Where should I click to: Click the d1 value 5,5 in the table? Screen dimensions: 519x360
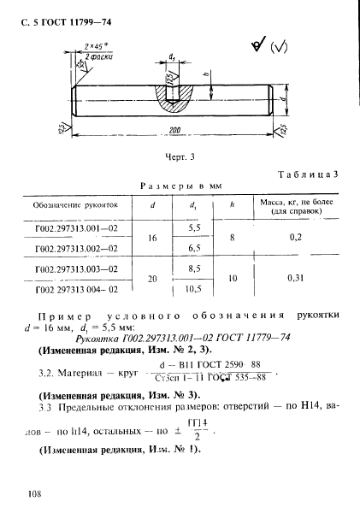pyautogui.click(x=194, y=228)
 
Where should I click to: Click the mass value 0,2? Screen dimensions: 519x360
pyautogui.click(x=296, y=238)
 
